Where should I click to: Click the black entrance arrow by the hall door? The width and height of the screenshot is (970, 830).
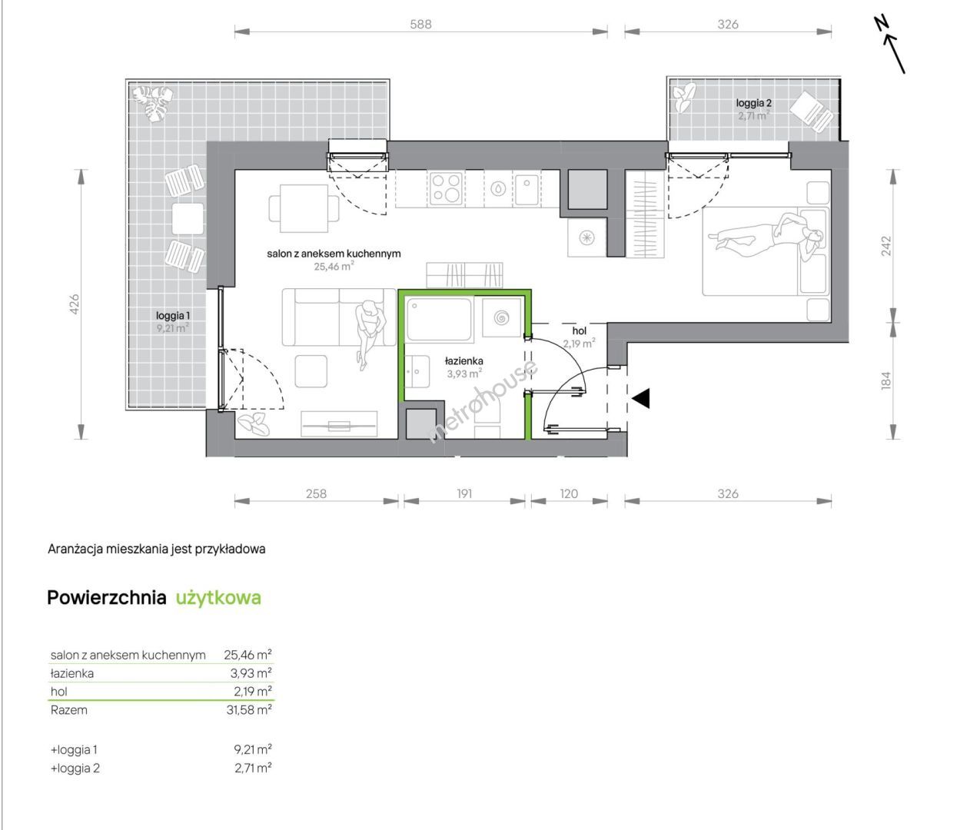click(x=641, y=398)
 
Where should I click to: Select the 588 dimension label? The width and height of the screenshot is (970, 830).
click(x=420, y=25)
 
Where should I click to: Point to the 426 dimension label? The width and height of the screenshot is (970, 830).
click(x=75, y=304)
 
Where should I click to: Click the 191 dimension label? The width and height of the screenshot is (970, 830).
click(x=464, y=493)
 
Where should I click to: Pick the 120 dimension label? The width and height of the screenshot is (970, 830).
click(x=569, y=493)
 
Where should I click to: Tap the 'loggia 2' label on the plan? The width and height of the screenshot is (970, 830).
click(x=754, y=103)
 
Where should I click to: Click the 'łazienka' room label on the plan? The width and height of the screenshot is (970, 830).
click(x=463, y=360)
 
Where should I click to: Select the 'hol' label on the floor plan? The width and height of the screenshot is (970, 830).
click(x=580, y=331)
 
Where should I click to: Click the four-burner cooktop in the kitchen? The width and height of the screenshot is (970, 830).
click(x=446, y=188)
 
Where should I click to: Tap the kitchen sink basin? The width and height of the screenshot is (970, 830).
click(x=527, y=188)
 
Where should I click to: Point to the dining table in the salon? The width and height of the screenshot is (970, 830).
click(x=304, y=208)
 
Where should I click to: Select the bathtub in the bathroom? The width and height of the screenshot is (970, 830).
click(x=439, y=319)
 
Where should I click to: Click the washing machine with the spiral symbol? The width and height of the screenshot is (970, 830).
click(x=502, y=318)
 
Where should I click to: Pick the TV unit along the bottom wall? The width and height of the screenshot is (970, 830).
click(x=339, y=425)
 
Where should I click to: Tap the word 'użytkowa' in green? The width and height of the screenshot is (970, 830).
click(x=218, y=598)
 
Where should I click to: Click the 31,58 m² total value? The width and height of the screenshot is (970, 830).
click(x=249, y=710)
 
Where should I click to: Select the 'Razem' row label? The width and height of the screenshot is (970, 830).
click(x=69, y=710)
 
